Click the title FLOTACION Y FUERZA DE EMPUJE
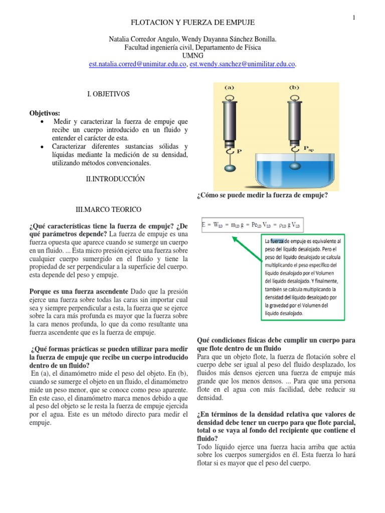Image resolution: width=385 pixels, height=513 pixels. (192, 23)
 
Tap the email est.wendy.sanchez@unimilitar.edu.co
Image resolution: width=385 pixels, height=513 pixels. (243, 64)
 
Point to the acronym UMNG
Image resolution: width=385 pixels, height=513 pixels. (192, 56)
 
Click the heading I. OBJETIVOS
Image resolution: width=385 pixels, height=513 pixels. (108, 94)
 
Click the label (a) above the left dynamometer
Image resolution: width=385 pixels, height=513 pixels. (230, 87)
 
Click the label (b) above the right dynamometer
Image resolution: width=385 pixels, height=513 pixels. (294, 87)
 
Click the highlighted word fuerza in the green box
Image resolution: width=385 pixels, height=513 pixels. (279, 240)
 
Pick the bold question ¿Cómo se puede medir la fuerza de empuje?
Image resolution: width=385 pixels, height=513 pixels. (263, 195)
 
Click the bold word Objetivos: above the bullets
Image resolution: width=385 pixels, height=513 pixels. (45, 113)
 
